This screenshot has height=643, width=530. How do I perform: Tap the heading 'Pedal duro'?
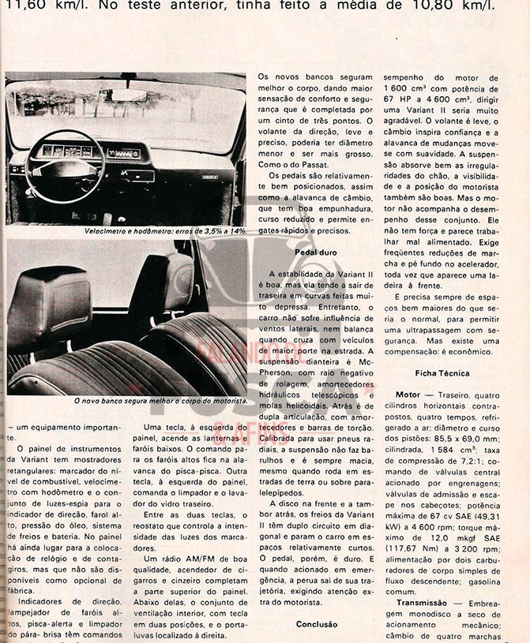point(315,252)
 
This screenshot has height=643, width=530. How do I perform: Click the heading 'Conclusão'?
point(316,624)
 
